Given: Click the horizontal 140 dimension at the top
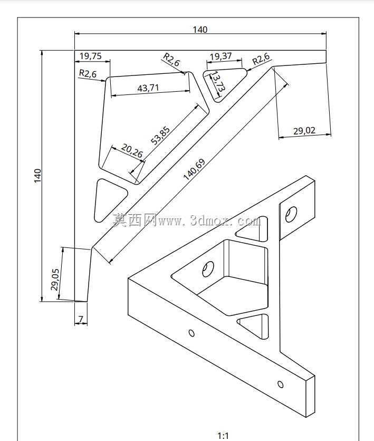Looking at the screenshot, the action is pos(200,30).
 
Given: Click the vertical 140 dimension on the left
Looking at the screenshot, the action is pos(37,176).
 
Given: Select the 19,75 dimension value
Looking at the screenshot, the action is pos(91,56).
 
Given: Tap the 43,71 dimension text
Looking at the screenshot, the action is pos(148,88).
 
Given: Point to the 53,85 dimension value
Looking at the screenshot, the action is pos(160,136).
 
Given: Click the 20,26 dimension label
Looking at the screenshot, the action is pos(132,150).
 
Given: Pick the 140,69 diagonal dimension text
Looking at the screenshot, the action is pos(194,169).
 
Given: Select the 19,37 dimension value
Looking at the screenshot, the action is pos(220,56).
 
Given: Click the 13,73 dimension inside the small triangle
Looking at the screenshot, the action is pos(218,82).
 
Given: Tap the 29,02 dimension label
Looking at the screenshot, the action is pos(304,131).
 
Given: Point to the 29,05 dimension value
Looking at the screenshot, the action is pos(55,280).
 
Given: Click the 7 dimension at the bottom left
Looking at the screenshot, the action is pos(81,319).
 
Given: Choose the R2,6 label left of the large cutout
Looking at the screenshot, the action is pos(88,74).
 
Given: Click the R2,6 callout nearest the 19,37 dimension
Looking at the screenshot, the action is pos(261,59).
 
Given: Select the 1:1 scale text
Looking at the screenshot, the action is pos(223,436).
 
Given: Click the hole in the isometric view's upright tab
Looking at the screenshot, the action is pos(291,214).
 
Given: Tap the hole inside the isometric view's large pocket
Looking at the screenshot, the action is pos(208,269).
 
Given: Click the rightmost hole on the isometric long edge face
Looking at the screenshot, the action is pos(280,384).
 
